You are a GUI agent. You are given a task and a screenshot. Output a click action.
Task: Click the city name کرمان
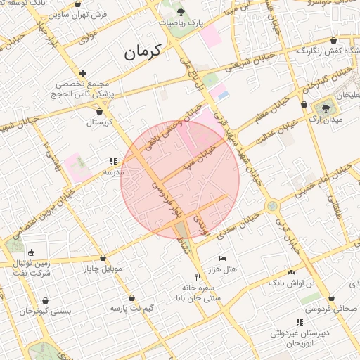click(142, 51)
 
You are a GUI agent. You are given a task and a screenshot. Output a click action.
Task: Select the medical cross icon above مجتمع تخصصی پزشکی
click(83, 73)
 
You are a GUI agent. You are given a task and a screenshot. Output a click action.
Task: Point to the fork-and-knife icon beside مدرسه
click(114, 161)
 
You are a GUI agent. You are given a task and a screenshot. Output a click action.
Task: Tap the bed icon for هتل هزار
click(223, 259)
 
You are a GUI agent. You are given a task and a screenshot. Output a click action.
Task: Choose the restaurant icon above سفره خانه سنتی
click(198, 277)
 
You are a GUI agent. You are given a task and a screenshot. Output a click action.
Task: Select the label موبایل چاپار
click(103, 269)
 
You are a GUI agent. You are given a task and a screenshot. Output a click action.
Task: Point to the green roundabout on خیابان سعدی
click(271, 206)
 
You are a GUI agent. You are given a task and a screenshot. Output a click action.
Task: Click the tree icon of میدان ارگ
click(325, 108)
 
